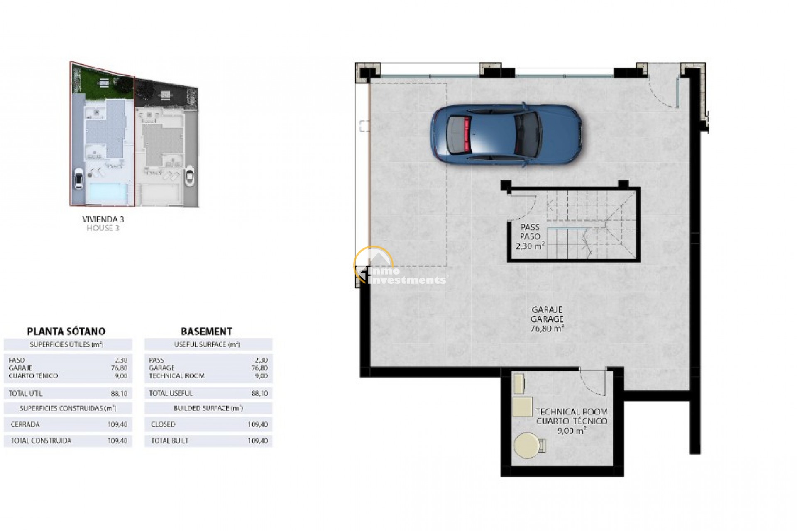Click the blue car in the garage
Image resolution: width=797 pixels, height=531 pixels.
tap(506, 134)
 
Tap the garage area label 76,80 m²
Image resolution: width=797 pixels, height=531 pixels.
tap(547, 329)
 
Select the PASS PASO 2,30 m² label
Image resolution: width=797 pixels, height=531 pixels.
tap(530, 236)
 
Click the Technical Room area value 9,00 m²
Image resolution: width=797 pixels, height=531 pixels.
tap(572, 431)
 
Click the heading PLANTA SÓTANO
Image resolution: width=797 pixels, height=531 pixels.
tap(66, 331)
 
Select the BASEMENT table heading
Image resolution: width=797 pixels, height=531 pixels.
tap(206, 331)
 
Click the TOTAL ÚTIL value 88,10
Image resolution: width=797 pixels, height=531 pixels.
tap(120, 393)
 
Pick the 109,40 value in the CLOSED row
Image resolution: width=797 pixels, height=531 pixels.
tap(258, 424)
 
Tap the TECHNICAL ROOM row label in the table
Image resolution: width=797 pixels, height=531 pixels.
tap(177, 376)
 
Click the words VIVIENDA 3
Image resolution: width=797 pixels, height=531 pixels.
tap(103, 219)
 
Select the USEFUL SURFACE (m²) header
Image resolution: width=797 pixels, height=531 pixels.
tap(207, 344)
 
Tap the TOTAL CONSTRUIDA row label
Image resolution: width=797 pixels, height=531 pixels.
tap(41, 441)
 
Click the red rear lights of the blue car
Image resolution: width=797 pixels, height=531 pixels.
tap(467, 134)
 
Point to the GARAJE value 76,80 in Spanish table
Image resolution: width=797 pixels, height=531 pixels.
tap(120, 368)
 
